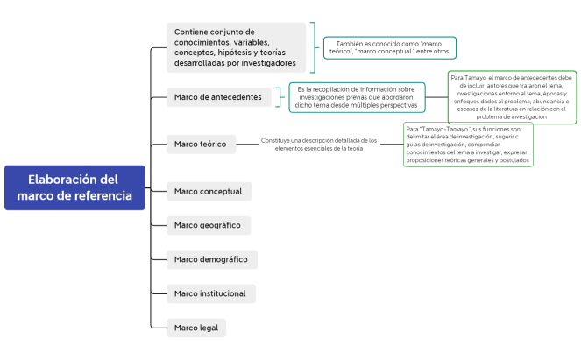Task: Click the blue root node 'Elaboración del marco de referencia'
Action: coord(74,187)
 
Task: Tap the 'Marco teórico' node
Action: coord(201,144)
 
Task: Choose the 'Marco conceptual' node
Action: coord(209,191)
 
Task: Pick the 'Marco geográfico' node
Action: coord(208,225)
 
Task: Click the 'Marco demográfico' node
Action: coord(210,259)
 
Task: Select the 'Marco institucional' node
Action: coord(211,293)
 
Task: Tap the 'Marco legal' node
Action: coord(196,328)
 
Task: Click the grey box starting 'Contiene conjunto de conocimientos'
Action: coord(236,47)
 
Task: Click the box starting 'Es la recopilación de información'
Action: coord(357,97)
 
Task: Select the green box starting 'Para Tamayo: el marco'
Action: coord(512,96)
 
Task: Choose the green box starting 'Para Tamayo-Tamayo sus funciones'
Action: coord(468,144)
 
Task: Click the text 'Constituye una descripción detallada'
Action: coord(319,144)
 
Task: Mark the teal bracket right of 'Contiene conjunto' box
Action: coord(315,47)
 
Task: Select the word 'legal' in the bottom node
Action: coord(210,328)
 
